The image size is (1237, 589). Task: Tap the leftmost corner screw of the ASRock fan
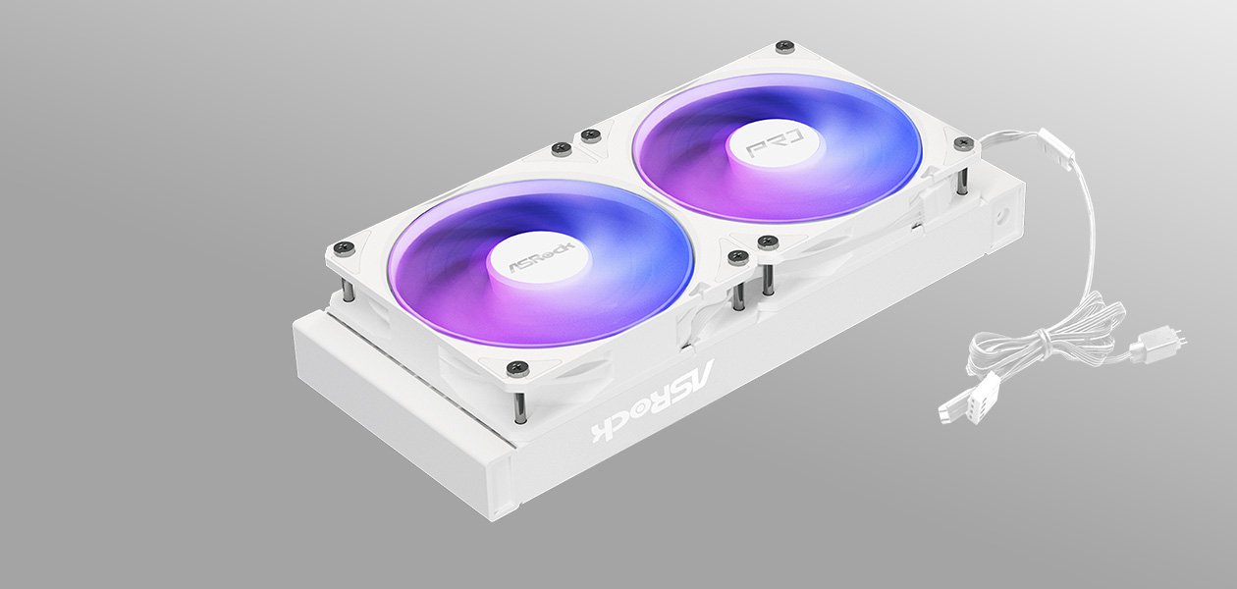pyautogui.click(x=340, y=247)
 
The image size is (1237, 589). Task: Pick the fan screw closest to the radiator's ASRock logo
pyautogui.click(x=518, y=368)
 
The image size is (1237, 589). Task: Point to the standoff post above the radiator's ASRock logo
pyautogui.click(x=521, y=402)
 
